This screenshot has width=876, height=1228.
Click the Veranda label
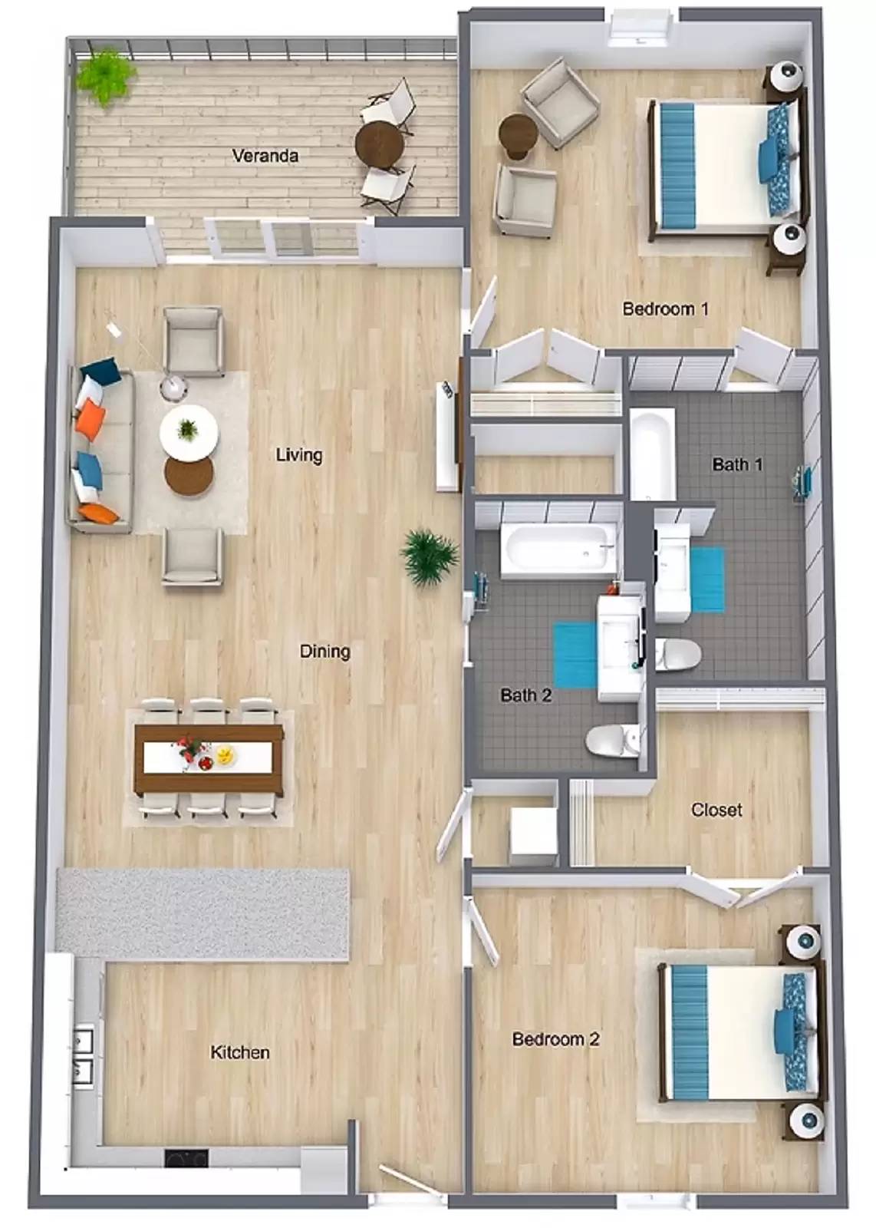tap(265, 156)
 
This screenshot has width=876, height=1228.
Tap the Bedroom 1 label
tap(664, 309)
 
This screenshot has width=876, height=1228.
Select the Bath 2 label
tap(525, 695)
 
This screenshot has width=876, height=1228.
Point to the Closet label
tap(716, 810)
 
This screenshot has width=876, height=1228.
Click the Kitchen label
tap(239, 1052)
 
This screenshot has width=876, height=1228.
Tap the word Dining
tap(324, 652)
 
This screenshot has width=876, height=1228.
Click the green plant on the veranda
tap(105, 76)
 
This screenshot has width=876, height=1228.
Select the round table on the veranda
tap(380, 143)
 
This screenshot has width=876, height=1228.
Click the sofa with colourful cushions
tap(100, 449)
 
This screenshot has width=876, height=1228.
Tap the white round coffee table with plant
tap(189, 431)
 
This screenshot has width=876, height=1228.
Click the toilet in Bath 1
tap(678, 655)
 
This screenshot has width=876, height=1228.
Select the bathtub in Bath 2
tap(558, 550)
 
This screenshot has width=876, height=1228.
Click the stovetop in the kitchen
tap(186, 1157)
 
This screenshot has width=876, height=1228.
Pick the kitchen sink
tap(82, 1055)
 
